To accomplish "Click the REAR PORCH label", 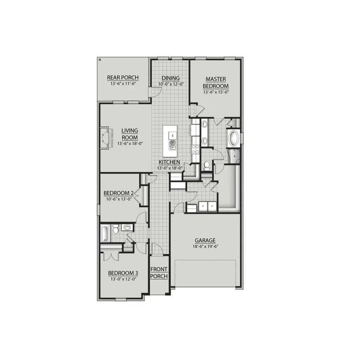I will tap(123, 78).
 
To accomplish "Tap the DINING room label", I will tap(170, 78).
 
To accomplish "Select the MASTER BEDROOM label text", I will tap(216, 83).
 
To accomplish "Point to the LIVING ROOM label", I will tap(130, 134).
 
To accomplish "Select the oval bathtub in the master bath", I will tap(233, 139).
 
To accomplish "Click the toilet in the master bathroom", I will tap(206, 165).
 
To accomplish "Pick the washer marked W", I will tap(203, 206).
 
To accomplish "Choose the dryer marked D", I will tap(212, 206).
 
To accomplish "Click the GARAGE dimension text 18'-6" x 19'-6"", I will tap(205, 246).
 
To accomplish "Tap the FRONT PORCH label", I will tap(159, 273).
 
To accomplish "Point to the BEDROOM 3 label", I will tap(123, 273).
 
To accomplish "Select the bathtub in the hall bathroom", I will tap(104, 233).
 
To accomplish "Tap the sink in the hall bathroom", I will tap(127, 228).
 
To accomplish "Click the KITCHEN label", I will tap(169, 162).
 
